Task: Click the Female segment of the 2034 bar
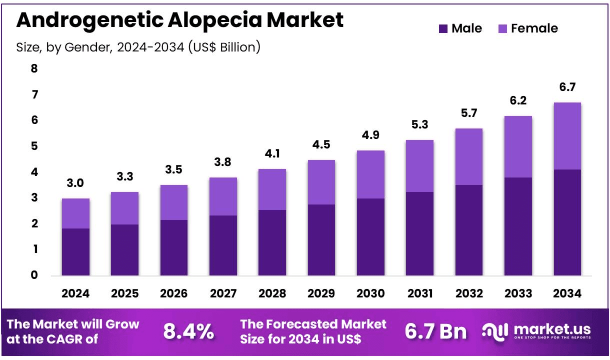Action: [x=567, y=136]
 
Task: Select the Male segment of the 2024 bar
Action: [x=75, y=251]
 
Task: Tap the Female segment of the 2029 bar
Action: [x=321, y=182]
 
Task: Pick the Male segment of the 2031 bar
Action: [x=419, y=233]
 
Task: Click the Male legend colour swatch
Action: [x=443, y=29]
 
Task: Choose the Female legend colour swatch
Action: [x=502, y=29]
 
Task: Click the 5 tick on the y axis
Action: [x=34, y=146]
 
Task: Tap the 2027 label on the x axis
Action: [x=223, y=293]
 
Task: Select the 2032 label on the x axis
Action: [x=468, y=293]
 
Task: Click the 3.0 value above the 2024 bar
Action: [x=75, y=183]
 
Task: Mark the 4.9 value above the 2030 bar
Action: [x=370, y=135]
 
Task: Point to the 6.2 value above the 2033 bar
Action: [x=518, y=101]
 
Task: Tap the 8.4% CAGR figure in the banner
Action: [x=188, y=331]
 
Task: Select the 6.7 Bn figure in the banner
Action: [x=435, y=331]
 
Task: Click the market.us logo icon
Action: [x=495, y=330]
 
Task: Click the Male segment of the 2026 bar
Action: [x=174, y=247]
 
